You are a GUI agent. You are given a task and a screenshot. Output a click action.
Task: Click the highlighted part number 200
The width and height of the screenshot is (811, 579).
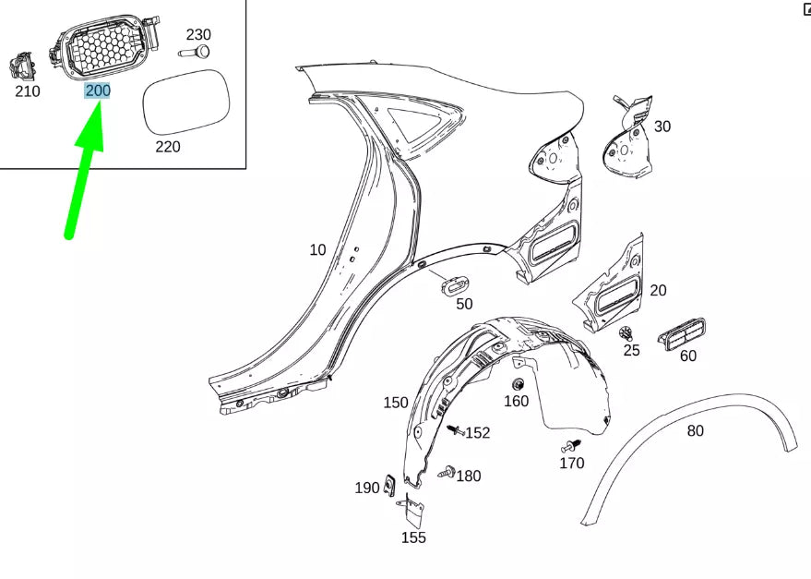[97, 91]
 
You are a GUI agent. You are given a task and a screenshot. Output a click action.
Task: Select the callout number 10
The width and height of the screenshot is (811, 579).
[317, 249]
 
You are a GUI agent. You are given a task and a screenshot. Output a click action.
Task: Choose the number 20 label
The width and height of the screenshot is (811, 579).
[658, 290]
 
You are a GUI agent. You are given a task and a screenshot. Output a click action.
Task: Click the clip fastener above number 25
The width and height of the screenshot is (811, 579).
[626, 332]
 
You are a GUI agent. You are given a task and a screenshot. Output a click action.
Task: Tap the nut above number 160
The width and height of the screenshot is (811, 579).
[519, 383]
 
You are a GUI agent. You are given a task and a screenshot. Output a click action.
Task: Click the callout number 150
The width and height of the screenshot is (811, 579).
[396, 403]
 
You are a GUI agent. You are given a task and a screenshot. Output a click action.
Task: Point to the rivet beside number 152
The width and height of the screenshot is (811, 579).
[456, 430]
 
